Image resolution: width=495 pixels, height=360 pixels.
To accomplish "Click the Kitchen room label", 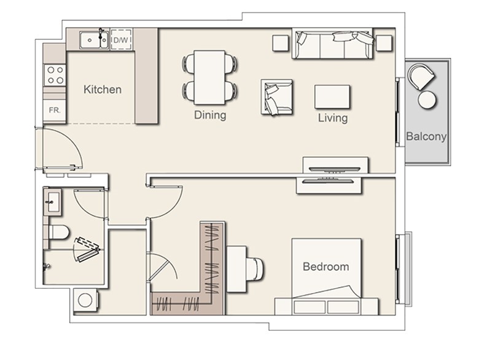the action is click(x=103, y=89).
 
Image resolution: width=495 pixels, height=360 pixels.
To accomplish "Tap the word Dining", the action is click(x=210, y=115).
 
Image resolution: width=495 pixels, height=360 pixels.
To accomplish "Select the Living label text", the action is click(x=333, y=118).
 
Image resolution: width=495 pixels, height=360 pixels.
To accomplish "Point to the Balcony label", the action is click(x=426, y=136).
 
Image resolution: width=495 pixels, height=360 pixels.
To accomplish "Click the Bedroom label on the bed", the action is click(x=325, y=267).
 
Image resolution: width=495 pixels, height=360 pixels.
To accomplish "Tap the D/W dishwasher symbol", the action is click(x=121, y=40).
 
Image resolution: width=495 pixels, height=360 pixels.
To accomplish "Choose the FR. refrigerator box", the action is click(x=54, y=111).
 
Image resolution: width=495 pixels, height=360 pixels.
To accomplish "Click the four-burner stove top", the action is click(x=55, y=75).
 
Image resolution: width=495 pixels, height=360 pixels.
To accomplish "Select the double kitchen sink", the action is click(x=94, y=40).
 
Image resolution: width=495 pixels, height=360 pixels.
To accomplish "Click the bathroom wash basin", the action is click(x=52, y=202).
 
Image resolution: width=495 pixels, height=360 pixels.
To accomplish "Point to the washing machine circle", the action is click(x=85, y=300).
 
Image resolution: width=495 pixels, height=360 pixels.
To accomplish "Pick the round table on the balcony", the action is click(x=427, y=100).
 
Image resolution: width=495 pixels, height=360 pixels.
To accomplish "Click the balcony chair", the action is click(x=421, y=77).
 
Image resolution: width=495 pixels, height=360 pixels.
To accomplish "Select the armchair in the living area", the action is click(x=276, y=97).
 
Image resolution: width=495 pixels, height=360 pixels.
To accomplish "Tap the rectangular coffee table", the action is click(x=332, y=97).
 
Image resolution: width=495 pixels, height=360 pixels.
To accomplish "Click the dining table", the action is click(x=209, y=77).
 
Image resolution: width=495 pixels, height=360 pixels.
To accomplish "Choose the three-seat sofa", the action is click(x=332, y=44).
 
